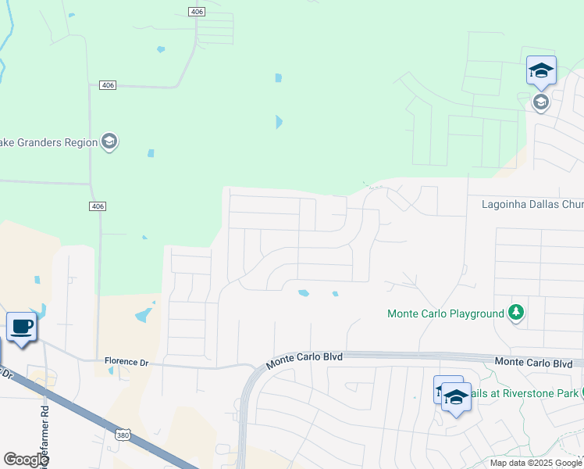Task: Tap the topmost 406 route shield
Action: point(195,10)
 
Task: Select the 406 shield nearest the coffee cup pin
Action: point(97,206)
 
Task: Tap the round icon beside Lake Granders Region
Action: point(109,142)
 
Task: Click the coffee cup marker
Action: point(21,327)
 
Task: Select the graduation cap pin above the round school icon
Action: point(540,71)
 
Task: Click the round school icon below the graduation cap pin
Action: point(540,102)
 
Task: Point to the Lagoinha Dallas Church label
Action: point(532,204)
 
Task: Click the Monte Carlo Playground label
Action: point(446,314)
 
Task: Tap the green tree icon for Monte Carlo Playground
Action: point(515,313)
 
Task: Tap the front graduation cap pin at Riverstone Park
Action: point(455,399)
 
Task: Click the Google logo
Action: point(26,460)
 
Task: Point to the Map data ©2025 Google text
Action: point(536,463)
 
